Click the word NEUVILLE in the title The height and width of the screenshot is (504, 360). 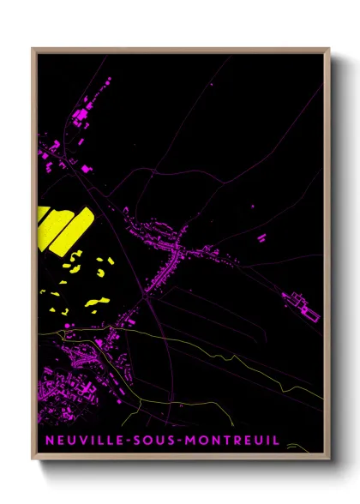(x=81, y=441)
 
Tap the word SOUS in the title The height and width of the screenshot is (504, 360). (x=153, y=441)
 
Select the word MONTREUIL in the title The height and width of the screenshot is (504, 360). (x=231, y=441)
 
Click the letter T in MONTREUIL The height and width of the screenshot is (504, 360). (x=223, y=441)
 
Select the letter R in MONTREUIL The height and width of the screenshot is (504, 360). (x=234, y=441)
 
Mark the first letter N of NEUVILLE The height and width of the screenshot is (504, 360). (x=46, y=441)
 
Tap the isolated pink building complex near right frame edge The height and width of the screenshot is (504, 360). (x=301, y=303)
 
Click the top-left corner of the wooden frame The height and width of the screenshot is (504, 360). (x=33, y=48)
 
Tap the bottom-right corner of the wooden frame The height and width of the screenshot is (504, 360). (x=329, y=460)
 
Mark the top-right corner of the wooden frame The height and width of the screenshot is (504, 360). (x=329, y=48)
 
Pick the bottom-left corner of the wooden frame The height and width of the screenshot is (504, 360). (x=33, y=460)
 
